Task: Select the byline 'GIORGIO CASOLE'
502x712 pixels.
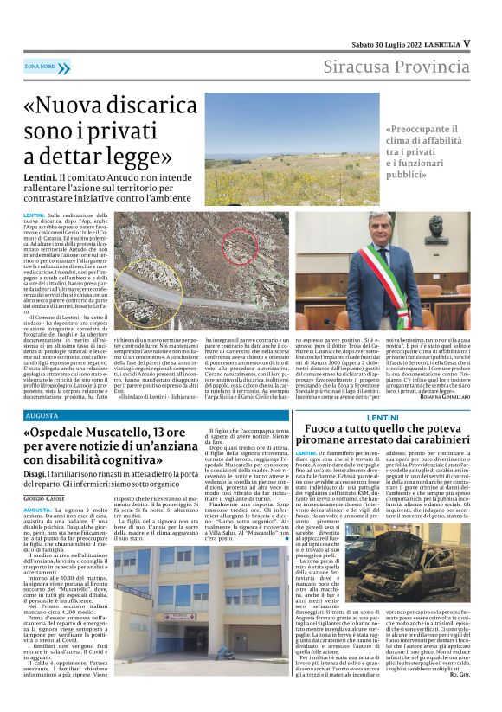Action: click(x=44, y=500)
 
